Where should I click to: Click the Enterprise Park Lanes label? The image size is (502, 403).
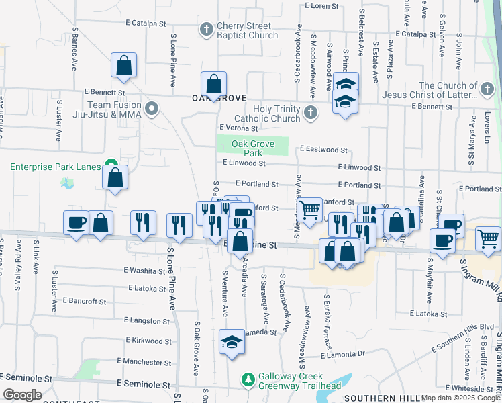tap(55, 166)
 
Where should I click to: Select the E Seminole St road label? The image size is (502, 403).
tap(144, 384)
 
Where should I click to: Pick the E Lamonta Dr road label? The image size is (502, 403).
tap(342, 354)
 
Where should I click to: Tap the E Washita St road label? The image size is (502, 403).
tap(144, 271)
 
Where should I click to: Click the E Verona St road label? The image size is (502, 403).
tap(239, 127)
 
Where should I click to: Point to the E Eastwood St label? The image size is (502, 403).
tap(323, 150)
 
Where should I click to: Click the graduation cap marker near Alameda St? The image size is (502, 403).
tap(232, 341)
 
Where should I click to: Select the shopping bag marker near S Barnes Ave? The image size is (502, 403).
tap(124, 65)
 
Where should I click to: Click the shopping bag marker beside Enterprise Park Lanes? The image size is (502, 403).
tap(115, 177)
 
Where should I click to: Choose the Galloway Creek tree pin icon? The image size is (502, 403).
tap(248, 381)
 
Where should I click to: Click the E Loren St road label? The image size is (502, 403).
tap(323, 6)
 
